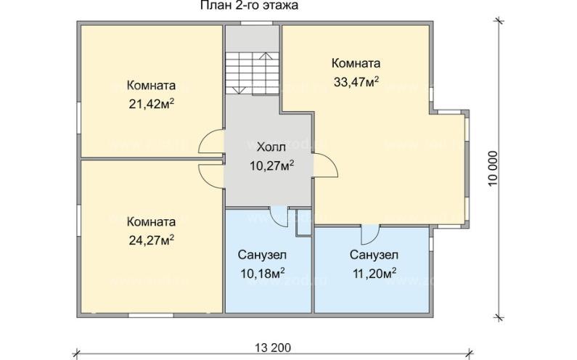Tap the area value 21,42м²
[151, 104]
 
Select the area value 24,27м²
[151, 238]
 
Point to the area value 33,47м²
[356, 82]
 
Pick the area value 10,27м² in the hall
[271, 165]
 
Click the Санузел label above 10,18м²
[261, 255]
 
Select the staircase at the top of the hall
[251, 73]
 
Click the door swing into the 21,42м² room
[210, 142]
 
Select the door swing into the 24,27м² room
[210, 173]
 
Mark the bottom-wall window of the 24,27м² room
[150, 314]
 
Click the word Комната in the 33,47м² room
[356, 63]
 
